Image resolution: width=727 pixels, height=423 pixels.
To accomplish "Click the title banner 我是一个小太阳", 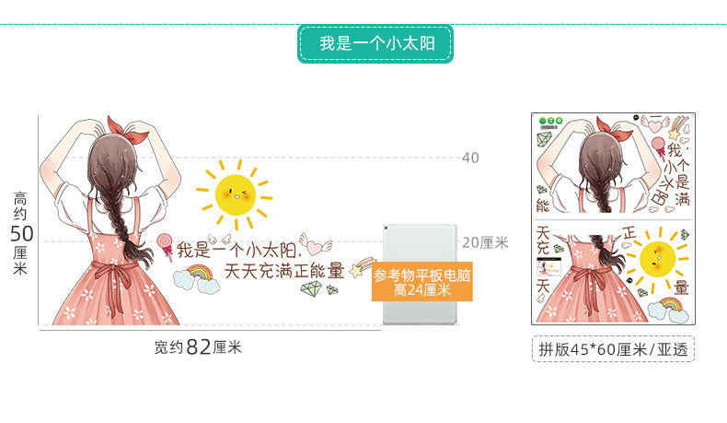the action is pos(375,43).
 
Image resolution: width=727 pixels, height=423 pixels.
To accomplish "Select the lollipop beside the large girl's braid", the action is pos(166,245).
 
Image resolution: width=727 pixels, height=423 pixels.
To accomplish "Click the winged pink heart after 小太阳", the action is pos(317,247).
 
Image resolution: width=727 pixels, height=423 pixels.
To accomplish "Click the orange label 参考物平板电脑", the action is pos(422,282).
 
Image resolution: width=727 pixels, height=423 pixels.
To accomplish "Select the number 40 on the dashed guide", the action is pos(470,158).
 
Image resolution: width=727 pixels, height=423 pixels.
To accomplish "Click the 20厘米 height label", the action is pos(484,242).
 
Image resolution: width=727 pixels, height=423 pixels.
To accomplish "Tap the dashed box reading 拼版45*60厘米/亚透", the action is pos(613,349).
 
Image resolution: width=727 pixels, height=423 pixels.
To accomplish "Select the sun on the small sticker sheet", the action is pos(656,258).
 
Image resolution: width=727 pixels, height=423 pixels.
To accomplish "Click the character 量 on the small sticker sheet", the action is pos(679,287).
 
